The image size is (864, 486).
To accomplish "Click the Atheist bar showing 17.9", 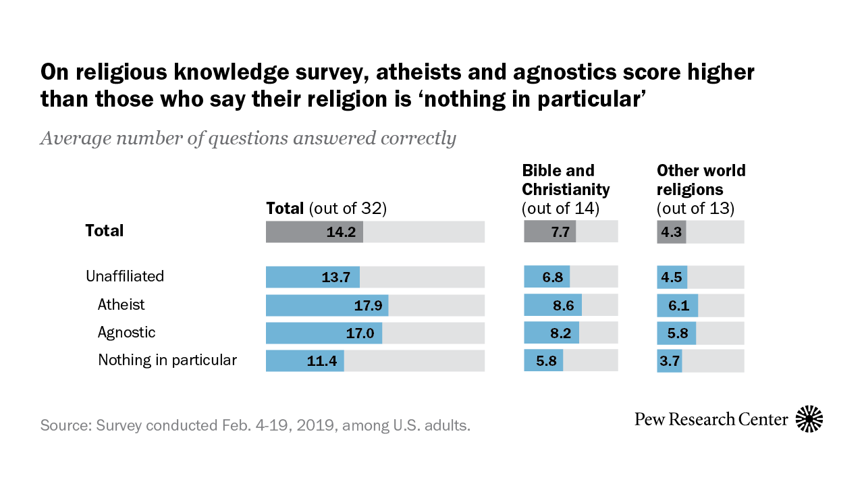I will point(327,305).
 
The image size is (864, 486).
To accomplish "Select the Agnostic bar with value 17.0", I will point(324,333).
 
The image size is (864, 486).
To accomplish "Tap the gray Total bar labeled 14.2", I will point(315,232).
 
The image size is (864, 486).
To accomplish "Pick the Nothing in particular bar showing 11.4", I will point(305,360).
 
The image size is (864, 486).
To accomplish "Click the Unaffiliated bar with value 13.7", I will point(313,277).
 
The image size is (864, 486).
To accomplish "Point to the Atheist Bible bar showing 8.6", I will point(553,305).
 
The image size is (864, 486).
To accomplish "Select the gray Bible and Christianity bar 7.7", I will point(549,232).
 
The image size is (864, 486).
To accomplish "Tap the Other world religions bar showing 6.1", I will point(678,305).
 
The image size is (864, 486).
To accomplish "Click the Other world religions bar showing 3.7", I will point(670,360).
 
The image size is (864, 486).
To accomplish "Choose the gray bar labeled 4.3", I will point(672,232).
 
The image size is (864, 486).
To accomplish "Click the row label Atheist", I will point(122,304).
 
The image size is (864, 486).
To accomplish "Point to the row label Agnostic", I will point(127,332).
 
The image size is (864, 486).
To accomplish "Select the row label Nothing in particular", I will point(167,360).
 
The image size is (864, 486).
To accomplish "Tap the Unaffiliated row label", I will point(125,276).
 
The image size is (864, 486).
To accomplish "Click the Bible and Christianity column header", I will point(566,189).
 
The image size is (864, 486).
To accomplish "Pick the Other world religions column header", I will point(701,189).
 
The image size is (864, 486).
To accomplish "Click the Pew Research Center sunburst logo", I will point(809,419).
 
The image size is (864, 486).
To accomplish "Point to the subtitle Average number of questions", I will point(248,138).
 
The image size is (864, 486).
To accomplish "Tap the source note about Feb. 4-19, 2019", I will point(255,425).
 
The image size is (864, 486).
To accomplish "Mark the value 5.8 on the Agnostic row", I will point(676,333).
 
